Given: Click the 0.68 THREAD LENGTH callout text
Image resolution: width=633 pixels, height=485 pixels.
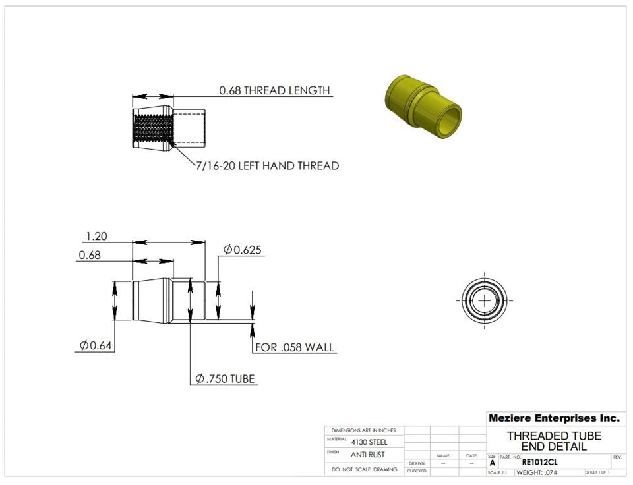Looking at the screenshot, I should (x=274, y=90).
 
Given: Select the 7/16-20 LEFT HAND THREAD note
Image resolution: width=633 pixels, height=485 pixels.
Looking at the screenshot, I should (x=267, y=166).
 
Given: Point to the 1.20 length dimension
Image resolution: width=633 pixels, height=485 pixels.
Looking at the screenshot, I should (x=96, y=236).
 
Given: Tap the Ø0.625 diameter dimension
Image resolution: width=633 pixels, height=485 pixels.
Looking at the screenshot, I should (x=243, y=250).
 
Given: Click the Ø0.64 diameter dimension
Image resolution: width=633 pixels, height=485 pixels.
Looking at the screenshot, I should (x=95, y=345).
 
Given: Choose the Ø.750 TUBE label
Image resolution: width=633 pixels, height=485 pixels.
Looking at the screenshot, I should (x=226, y=378).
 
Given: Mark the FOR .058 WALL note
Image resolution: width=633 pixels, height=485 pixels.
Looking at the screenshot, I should (x=294, y=347).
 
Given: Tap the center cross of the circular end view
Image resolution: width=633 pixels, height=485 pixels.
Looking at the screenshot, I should (x=485, y=300).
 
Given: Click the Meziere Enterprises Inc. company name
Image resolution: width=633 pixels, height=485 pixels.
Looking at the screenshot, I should (x=554, y=418).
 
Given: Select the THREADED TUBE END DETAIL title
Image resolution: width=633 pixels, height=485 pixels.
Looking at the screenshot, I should (x=554, y=441).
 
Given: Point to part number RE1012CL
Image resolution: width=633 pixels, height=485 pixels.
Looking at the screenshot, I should (x=539, y=462).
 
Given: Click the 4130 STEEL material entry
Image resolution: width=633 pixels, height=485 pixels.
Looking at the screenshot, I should (x=369, y=442).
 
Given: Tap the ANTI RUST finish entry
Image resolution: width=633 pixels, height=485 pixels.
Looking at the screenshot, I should (x=367, y=455).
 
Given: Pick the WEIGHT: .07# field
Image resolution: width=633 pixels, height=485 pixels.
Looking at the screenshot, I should (x=537, y=472).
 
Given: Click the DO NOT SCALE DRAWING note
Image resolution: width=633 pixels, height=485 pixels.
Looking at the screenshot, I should (x=365, y=469).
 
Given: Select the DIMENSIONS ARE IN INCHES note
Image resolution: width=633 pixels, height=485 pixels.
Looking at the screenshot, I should (x=363, y=430).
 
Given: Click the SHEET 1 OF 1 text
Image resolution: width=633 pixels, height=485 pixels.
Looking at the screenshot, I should (x=597, y=472).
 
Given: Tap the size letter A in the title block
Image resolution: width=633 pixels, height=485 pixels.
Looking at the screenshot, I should (x=492, y=463).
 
